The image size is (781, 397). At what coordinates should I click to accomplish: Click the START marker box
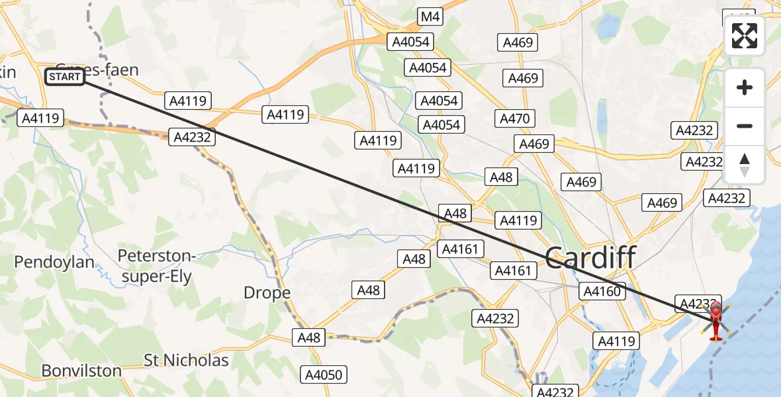65,77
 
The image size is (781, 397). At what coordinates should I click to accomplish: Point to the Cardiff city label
590,257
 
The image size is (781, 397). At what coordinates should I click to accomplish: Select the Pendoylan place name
54,262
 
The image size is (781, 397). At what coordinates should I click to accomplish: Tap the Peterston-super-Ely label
156,265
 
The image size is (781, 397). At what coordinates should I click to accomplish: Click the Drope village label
267,292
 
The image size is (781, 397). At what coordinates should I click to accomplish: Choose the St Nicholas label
187,361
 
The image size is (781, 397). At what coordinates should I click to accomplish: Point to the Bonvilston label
81,371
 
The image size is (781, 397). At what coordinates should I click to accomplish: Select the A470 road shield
515,118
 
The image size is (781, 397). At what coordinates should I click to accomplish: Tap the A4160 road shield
602,290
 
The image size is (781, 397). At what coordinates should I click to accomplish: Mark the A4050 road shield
322,375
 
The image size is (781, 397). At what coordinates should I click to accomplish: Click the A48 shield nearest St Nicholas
308,337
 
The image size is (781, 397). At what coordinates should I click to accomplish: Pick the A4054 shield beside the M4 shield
410,42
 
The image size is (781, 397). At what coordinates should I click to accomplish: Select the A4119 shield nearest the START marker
41,118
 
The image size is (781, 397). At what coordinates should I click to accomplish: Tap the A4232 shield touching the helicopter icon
696,303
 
